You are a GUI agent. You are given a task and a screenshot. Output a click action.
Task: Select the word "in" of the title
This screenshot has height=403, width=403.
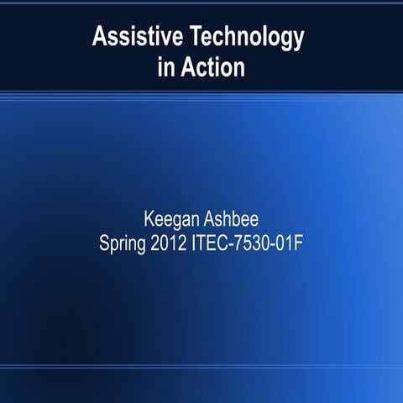click(x=165, y=67)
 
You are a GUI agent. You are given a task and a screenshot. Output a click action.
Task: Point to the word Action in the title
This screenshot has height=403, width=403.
click(x=212, y=67)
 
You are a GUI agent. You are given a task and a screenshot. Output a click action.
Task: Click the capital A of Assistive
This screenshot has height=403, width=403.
click(x=100, y=37)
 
